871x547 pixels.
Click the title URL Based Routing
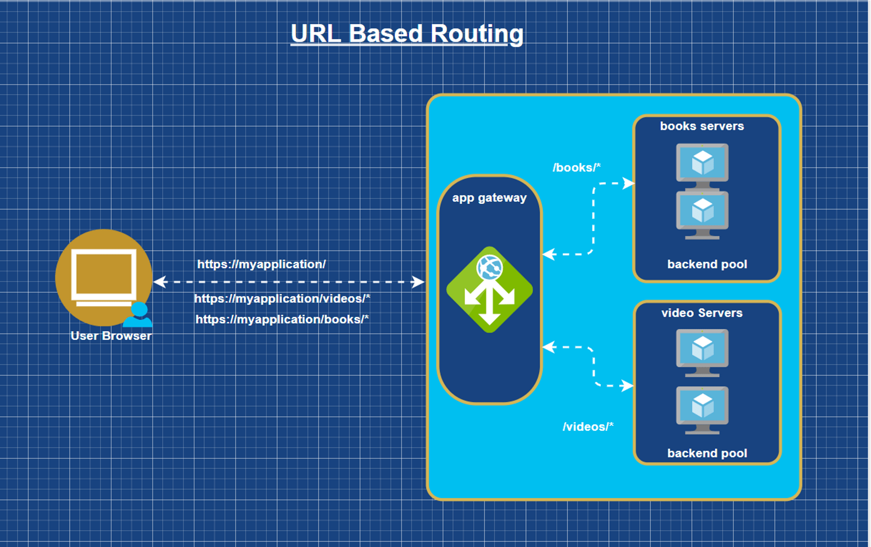pyautogui.click(x=407, y=34)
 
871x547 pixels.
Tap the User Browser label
pyautogui.click(x=111, y=336)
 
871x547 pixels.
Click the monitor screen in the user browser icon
pyautogui.click(x=103, y=273)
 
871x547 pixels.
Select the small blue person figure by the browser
pyautogui.click(x=139, y=315)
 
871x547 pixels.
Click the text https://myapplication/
pyautogui.click(x=261, y=264)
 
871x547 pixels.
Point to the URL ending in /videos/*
pyautogui.click(x=282, y=299)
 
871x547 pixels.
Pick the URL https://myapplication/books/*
pyautogui.click(x=282, y=319)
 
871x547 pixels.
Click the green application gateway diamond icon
pyautogui.click(x=489, y=290)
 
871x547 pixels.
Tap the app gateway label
pyautogui.click(x=489, y=198)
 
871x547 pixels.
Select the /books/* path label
pyautogui.click(x=576, y=168)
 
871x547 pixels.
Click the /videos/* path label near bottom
pyautogui.click(x=588, y=427)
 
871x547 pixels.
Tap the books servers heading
pyautogui.click(x=702, y=126)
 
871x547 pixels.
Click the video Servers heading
pyautogui.click(x=702, y=313)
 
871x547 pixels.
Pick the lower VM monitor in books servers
pyautogui.click(x=702, y=211)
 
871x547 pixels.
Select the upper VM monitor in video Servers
pyautogui.click(x=702, y=349)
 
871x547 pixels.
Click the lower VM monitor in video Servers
pyautogui.click(x=702, y=407)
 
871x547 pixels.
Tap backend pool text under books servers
pyautogui.click(x=707, y=264)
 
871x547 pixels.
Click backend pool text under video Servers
pyautogui.click(x=707, y=453)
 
